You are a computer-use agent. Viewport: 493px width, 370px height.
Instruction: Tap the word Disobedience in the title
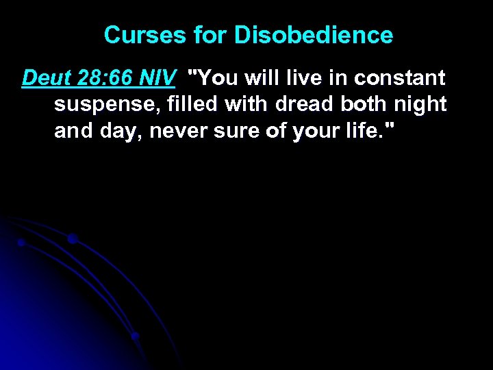(x=314, y=35)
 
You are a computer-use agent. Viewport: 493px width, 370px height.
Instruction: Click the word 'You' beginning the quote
(x=217, y=78)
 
